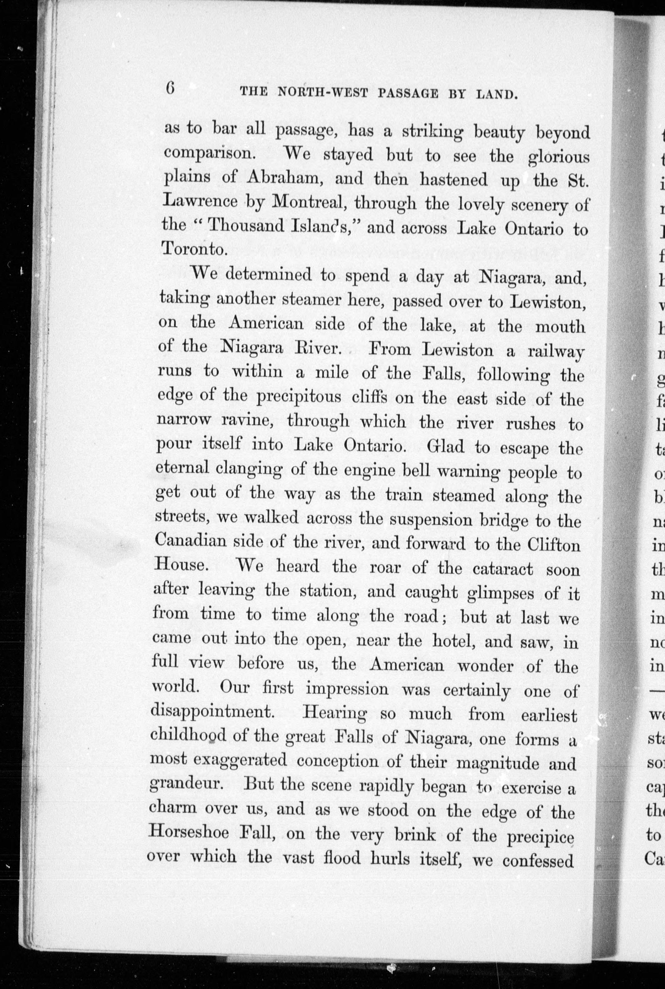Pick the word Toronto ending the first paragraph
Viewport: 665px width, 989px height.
tap(193, 249)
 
